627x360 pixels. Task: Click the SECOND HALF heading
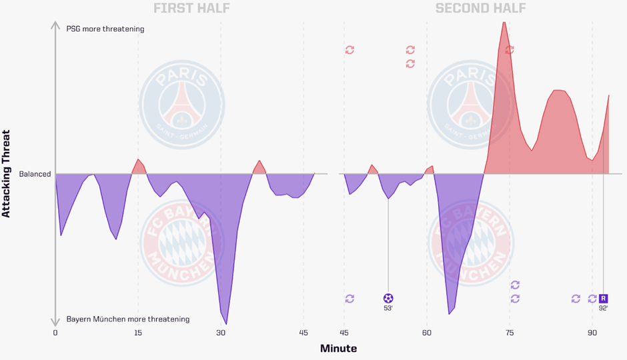click(480, 9)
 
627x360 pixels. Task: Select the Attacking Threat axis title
click(7, 173)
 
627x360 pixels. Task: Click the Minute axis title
click(338, 349)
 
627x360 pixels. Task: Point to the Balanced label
click(35, 174)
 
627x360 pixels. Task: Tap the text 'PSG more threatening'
click(105, 29)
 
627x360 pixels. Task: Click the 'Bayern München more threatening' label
click(127, 319)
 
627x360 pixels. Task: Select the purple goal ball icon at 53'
click(388, 298)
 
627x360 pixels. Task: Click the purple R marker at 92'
click(603, 298)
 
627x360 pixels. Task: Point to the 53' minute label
click(388, 308)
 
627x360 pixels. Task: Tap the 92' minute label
click(603, 308)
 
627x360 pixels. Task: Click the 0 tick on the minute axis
click(55, 333)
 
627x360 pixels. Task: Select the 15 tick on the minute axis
click(138, 333)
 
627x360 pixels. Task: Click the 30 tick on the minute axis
click(221, 333)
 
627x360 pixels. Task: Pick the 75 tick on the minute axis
click(510, 333)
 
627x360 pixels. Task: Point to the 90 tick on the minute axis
click(592, 333)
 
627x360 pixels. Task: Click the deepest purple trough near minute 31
click(226, 323)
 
